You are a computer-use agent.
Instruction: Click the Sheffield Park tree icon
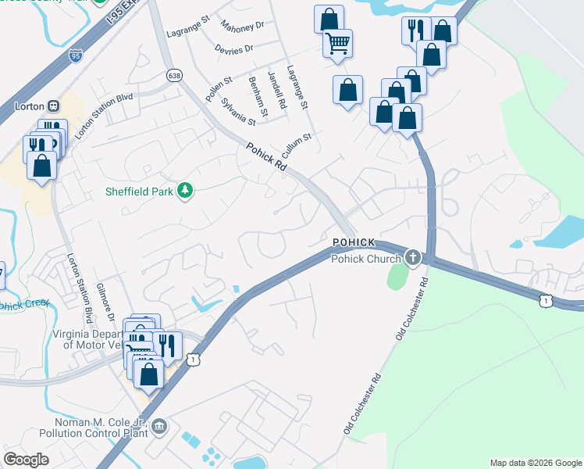pyautogui.click(x=185, y=191)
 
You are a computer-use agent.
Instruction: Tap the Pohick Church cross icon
pyautogui.click(x=411, y=257)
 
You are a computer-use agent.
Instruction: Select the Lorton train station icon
pyautogui.click(x=54, y=106)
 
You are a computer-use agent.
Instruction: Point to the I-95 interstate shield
pyautogui.click(x=75, y=56)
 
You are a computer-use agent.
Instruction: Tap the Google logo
pyautogui.click(x=26, y=460)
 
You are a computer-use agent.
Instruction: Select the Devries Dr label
pyautogui.click(x=237, y=48)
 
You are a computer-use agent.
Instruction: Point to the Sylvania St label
pyautogui.click(x=238, y=112)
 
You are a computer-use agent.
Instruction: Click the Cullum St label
pyautogui.click(x=297, y=144)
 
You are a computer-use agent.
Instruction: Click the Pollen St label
pyautogui.click(x=219, y=91)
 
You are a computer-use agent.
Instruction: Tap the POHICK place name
pyautogui.click(x=354, y=243)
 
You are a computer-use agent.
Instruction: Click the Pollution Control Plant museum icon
pyautogui.click(x=159, y=426)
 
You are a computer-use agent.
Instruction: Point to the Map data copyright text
pyautogui.click(x=536, y=463)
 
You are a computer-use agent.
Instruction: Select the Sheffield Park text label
pyautogui.click(x=141, y=192)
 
